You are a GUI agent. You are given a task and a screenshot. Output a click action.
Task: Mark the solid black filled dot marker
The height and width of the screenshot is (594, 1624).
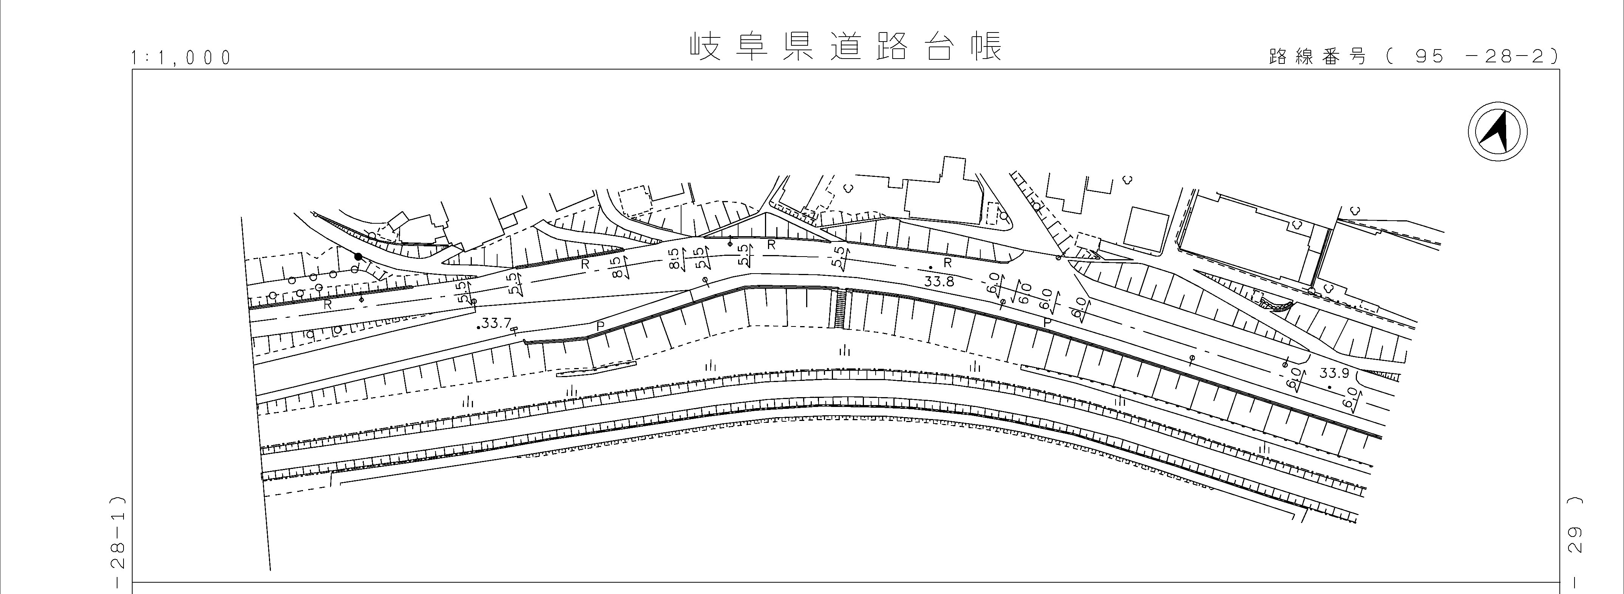click(358, 257)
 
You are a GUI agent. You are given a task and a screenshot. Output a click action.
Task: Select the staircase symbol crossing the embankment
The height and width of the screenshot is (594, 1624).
click(841, 308)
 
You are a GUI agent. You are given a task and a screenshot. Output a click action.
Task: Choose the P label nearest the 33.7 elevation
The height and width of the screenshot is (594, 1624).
click(600, 325)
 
